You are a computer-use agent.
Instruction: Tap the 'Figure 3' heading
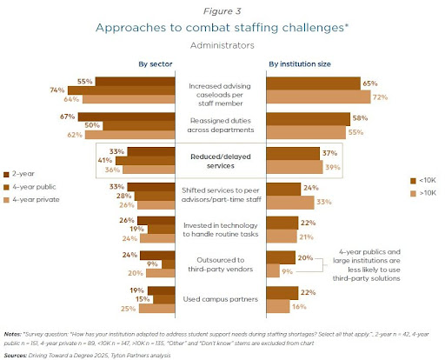coord(222,9)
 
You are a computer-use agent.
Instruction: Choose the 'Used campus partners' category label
coord(222,299)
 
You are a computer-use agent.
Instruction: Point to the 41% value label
coord(104,160)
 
